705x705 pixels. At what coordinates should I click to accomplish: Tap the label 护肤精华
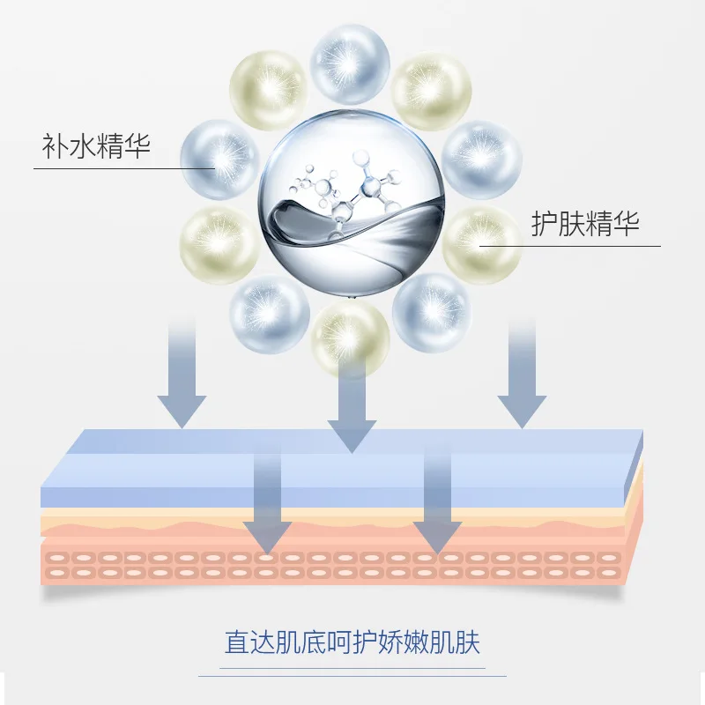[585, 224]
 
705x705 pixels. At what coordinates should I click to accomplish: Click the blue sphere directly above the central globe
[351, 63]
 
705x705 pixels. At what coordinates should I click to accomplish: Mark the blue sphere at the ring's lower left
[269, 313]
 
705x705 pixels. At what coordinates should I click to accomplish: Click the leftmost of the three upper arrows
[182, 379]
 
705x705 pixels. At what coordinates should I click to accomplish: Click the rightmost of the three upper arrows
[523, 379]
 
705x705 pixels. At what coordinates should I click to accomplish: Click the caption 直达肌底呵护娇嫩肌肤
[352, 642]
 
